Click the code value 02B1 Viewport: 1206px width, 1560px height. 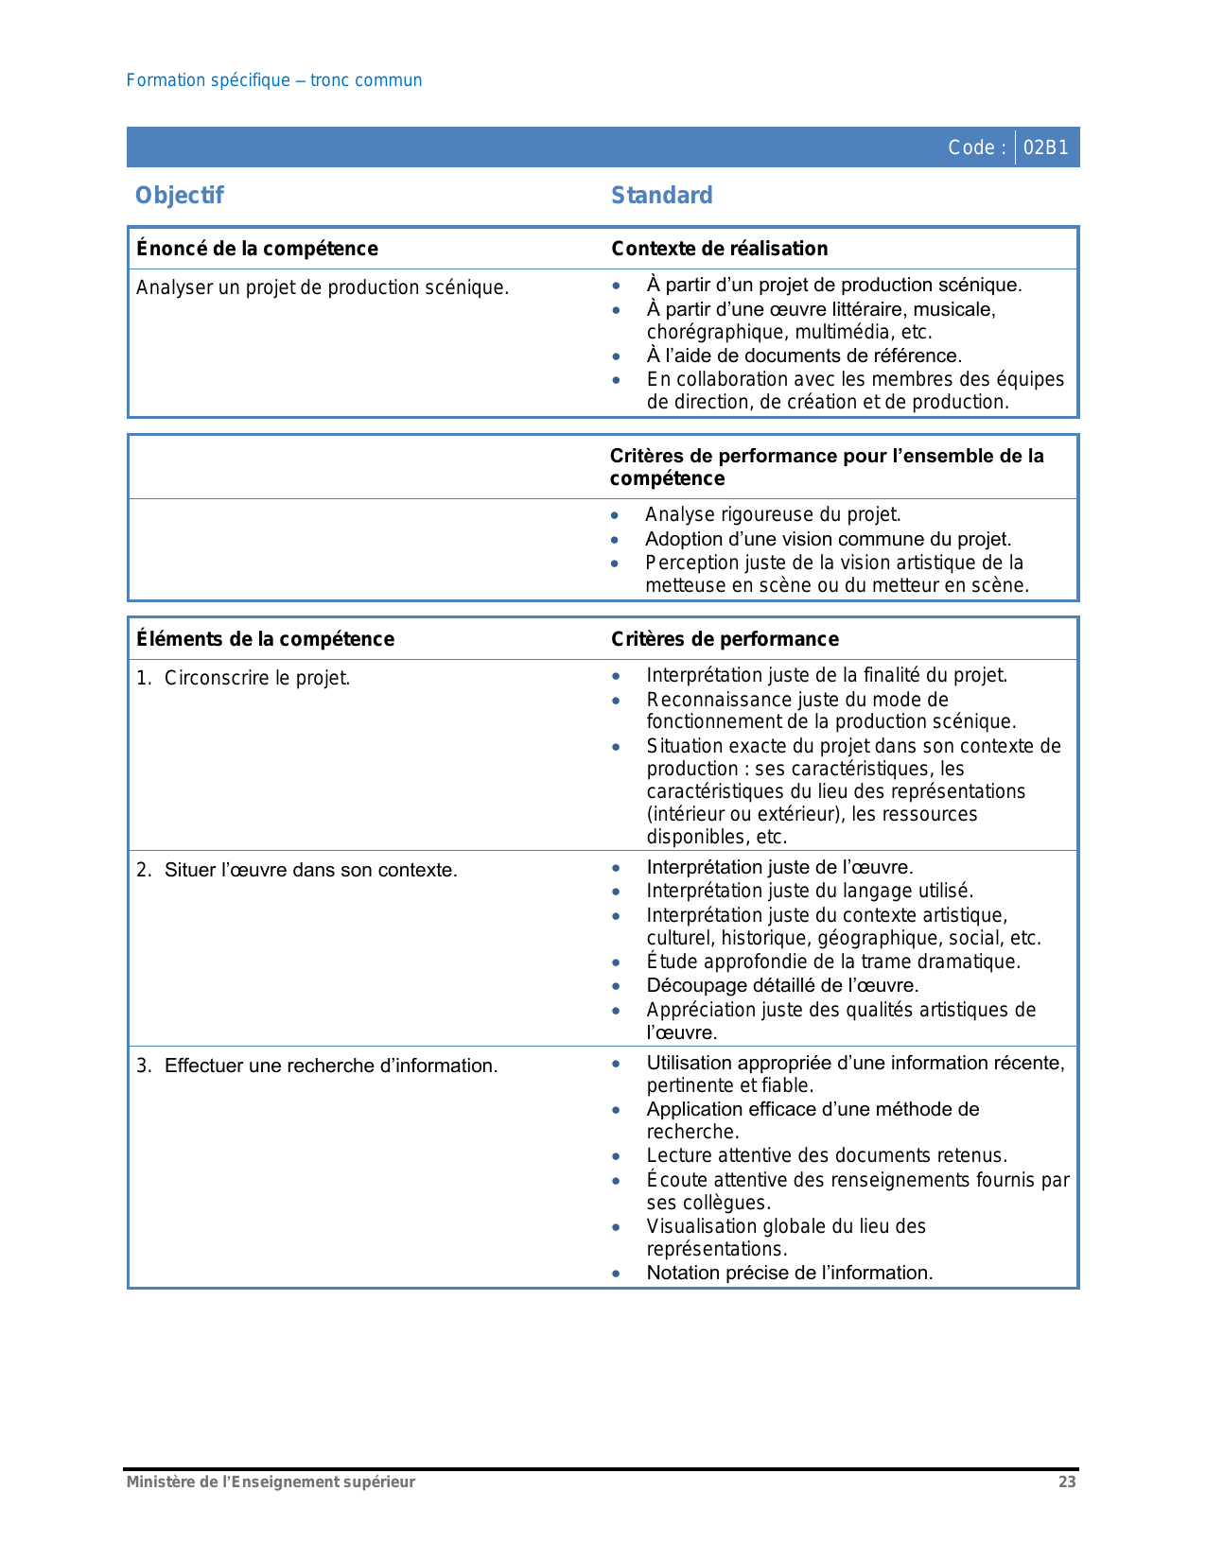[1045, 147]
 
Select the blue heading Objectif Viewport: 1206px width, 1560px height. [180, 196]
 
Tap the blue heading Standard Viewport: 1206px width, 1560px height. [661, 196]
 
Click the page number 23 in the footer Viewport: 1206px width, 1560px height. [1067, 1482]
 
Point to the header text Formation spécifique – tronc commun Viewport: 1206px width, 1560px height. [274, 80]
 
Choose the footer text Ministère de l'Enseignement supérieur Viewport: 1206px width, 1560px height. [271, 1482]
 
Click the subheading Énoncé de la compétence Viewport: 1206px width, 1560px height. [257, 249]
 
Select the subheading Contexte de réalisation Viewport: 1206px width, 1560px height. [719, 249]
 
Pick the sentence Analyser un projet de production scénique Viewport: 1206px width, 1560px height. [323, 287]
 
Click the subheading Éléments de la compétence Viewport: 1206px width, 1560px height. [265, 639]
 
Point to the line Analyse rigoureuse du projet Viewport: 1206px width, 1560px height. [773, 514]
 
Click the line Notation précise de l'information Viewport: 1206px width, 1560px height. [789, 1273]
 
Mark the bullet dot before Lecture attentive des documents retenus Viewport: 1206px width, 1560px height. [616, 1156]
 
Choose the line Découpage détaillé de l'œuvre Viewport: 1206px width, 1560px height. [782, 985]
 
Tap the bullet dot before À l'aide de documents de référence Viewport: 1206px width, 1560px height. [616, 356]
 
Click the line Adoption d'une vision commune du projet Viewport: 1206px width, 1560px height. [828, 539]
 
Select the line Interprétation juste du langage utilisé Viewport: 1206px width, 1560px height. [810, 891]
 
